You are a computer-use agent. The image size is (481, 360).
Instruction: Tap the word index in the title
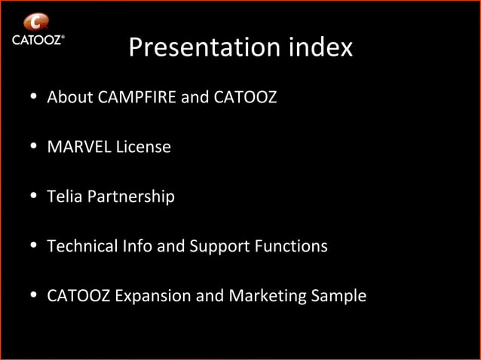pyautogui.click(x=320, y=48)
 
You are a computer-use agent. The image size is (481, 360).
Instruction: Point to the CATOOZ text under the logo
pyautogui.click(x=37, y=40)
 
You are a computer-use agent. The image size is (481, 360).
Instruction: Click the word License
pyautogui.click(x=143, y=147)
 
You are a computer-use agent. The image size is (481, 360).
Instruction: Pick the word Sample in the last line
pyautogui.click(x=339, y=296)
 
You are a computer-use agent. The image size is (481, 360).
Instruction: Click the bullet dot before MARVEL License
pyautogui.click(x=34, y=148)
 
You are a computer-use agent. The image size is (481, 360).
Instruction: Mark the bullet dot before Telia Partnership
pyautogui.click(x=34, y=197)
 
